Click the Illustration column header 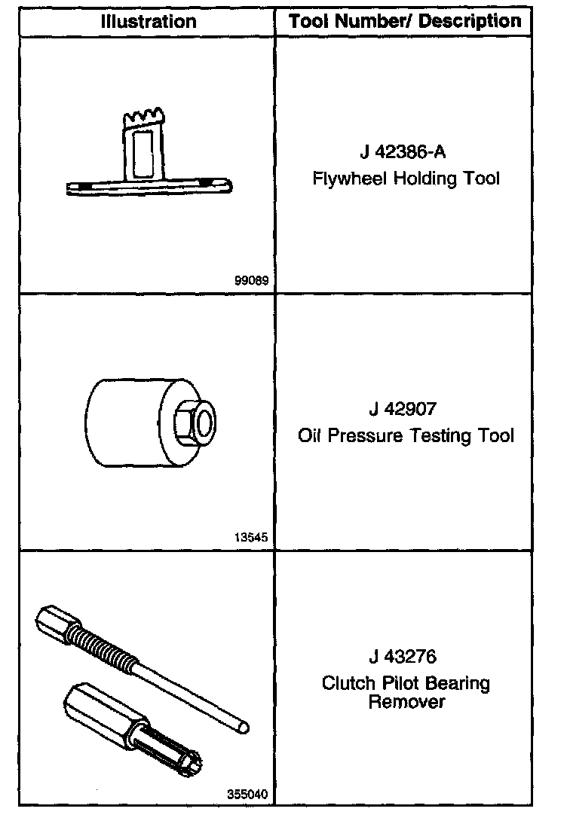click(x=148, y=21)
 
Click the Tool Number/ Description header click(x=405, y=21)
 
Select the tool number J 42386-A click(x=403, y=152)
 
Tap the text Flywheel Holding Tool click(x=406, y=178)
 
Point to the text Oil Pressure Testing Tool click(x=406, y=435)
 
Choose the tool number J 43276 click(x=403, y=657)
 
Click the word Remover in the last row click(x=406, y=702)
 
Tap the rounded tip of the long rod click(x=244, y=728)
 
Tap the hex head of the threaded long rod click(x=55, y=618)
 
